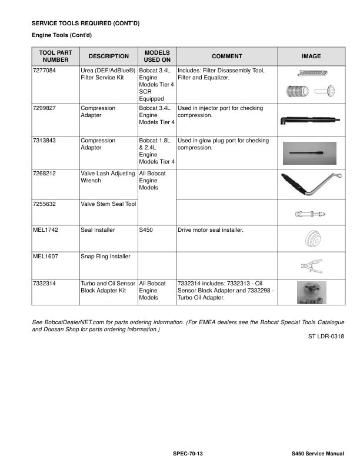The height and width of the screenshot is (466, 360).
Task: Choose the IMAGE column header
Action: coord(311,56)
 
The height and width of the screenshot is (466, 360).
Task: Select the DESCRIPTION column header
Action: coord(108,56)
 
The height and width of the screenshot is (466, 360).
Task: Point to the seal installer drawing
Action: coord(311,239)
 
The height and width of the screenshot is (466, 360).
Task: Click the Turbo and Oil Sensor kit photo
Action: coord(311,292)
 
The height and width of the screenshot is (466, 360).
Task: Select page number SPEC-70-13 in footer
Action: coord(188,454)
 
